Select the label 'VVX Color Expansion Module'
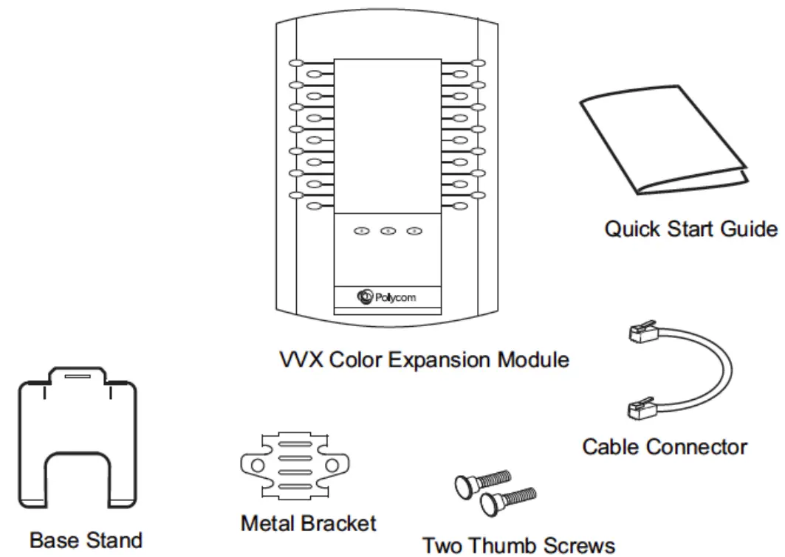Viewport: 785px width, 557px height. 425,360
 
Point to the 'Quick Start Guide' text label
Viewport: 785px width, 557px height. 690,229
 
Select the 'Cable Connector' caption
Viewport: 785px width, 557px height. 664,447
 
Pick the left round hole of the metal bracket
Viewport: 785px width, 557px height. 255,466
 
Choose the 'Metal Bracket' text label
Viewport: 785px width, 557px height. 308,525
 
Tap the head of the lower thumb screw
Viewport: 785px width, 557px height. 488,504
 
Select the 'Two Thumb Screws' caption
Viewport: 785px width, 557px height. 518,546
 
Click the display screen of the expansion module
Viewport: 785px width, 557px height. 387,136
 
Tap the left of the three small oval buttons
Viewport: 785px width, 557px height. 361,232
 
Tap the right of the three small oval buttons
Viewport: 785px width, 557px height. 414,232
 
